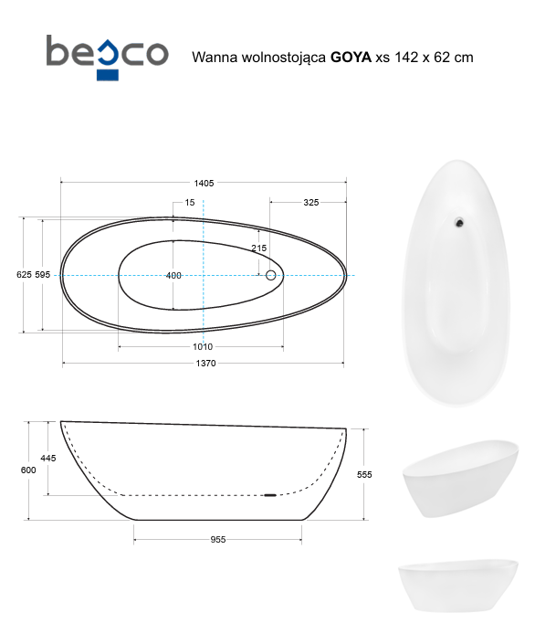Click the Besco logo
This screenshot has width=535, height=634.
coord(107,53)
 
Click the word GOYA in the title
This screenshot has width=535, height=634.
coord(351,57)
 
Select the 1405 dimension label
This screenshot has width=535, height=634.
coord(204,184)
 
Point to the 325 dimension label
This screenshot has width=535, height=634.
coord(310,203)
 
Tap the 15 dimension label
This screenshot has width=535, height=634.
coord(189,203)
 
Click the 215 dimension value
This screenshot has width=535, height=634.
coord(258,248)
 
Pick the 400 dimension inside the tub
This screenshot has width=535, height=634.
coord(173,275)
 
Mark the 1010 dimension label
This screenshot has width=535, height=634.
coord(203,346)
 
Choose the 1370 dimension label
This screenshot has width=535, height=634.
coord(205,364)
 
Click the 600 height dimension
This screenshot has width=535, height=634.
coord(28,470)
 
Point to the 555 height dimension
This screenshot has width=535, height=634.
coord(365,474)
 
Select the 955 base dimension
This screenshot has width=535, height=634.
coord(218,539)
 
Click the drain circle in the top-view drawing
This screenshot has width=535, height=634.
coord(270,275)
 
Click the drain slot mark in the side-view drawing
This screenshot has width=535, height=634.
coord(269,495)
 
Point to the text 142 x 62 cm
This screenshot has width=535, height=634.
coord(431,57)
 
